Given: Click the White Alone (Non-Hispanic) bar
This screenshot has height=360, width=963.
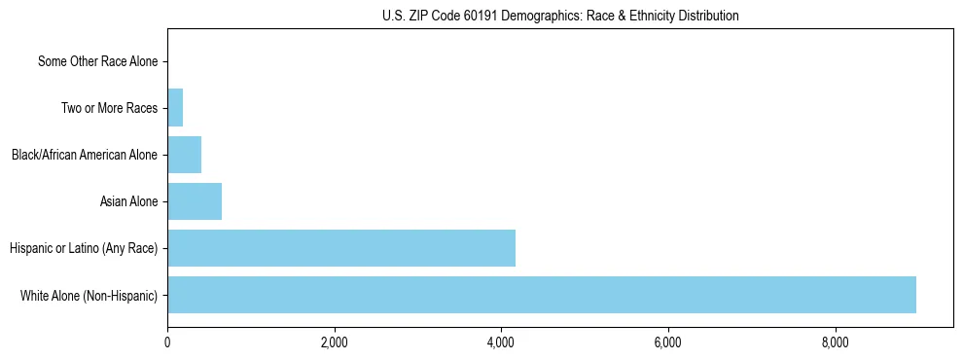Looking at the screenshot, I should pyautogui.click(x=542, y=295).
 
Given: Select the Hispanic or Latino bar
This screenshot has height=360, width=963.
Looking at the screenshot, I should pyautogui.click(x=341, y=248).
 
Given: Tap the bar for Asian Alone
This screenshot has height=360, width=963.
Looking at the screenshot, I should pyautogui.click(x=195, y=201).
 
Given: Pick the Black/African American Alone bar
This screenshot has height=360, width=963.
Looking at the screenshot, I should pyautogui.click(x=184, y=155).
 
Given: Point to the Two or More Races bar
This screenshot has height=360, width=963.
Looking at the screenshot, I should pyautogui.click(x=175, y=108).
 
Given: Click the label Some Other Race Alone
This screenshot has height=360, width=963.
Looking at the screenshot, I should pyautogui.click(x=97, y=61).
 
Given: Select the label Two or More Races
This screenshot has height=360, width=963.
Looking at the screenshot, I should pyautogui.click(x=109, y=108).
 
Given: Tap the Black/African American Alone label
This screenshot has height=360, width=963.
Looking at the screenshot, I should pyautogui.click(x=84, y=155).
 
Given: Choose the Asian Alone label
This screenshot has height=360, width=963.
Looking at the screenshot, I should pyautogui.click(x=128, y=201).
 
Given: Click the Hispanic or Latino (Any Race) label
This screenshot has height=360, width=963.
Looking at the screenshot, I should pyautogui.click(x=84, y=248).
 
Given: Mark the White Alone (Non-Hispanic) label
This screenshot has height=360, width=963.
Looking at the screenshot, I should pyautogui.click(x=89, y=295).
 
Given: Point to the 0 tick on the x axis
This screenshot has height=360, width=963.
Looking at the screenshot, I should pyautogui.click(x=167, y=342).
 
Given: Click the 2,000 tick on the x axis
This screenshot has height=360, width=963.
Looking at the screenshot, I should pyautogui.click(x=334, y=342).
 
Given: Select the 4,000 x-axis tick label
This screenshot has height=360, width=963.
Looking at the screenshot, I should pyautogui.click(x=501, y=342).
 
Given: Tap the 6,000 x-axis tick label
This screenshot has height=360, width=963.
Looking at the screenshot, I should pyautogui.click(x=667, y=342).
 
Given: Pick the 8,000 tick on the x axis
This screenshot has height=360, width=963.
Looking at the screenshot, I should pyautogui.click(x=835, y=342).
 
